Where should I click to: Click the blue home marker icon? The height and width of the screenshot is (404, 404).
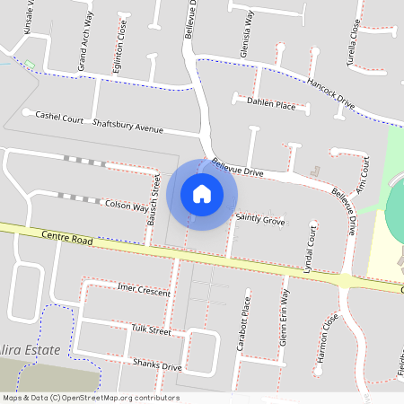pos(202,194)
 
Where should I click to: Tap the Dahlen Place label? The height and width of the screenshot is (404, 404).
pos(271,104)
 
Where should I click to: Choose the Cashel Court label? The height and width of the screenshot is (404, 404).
pos(59,118)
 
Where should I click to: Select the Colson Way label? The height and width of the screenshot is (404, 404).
pos(126,206)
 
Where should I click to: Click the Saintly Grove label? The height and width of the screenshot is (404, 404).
pos(259,219)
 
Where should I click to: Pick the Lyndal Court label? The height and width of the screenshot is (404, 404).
pos(310,251)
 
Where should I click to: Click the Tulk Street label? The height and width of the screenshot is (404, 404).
pos(150,331)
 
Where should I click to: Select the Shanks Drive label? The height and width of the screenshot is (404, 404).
pos(156,364)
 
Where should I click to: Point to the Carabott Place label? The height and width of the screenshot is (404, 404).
pos(244,324)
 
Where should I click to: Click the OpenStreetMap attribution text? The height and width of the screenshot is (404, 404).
pos(90,398)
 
